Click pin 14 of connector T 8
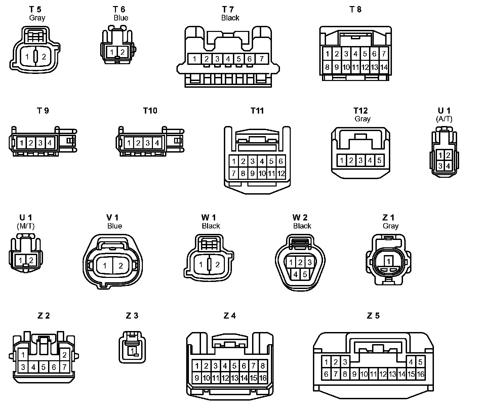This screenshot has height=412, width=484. click(x=384, y=67)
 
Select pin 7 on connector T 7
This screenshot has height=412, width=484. click(x=261, y=59)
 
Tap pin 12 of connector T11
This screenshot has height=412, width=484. click(x=281, y=174)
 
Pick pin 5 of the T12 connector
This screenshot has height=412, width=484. click(x=379, y=160)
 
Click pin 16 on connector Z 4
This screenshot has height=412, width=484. click(x=263, y=378)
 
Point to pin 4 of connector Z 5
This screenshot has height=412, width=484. click(x=411, y=362)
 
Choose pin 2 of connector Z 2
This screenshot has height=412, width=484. click(x=64, y=355)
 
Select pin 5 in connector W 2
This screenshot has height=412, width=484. click(x=305, y=274)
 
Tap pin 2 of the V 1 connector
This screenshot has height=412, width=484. click(x=121, y=266)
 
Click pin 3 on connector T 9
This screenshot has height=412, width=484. click(x=40, y=143)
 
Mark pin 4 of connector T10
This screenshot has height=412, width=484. click(x=157, y=143)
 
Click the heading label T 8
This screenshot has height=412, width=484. click(x=355, y=9)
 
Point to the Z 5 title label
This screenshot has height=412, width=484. click(x=373, y=316)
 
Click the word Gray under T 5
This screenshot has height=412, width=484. click(x=37, y=18)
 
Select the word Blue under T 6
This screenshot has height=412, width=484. click(x=121, y=18)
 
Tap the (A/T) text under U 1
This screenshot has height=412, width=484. click(x=444, y=119)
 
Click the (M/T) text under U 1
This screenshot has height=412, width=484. click(x=26, y=226)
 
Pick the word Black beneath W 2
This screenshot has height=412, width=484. click(x=302, y=226)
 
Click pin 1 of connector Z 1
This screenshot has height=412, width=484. click(x=389, y=261)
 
